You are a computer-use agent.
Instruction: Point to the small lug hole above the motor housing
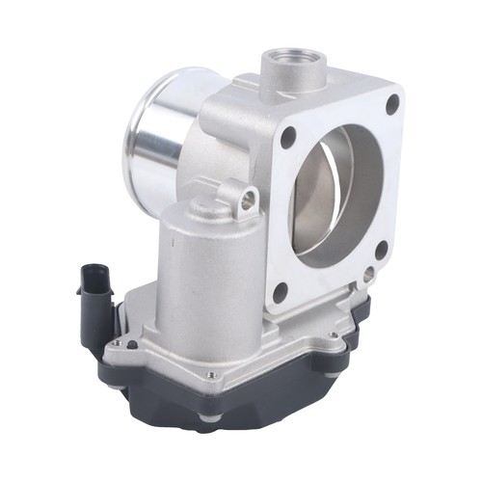(249, 200)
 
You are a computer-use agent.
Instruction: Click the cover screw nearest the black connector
(117, 342)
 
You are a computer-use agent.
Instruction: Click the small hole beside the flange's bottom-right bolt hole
(369, 273)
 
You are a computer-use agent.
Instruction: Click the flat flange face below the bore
(328, 280)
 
